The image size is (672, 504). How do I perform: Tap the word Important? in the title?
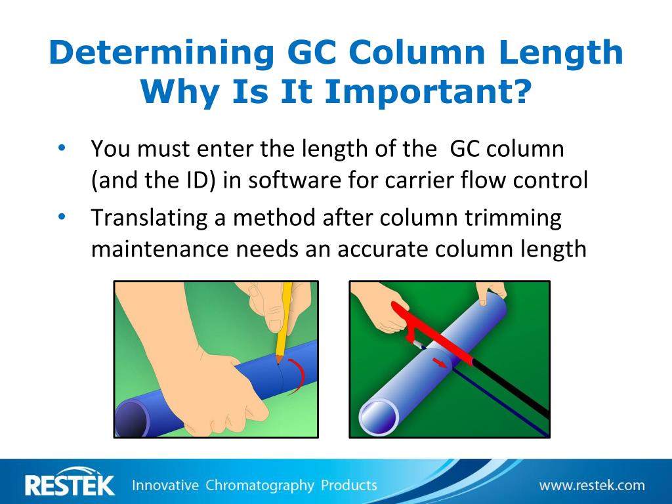(427, 92)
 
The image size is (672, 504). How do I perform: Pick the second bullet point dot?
(62, 217)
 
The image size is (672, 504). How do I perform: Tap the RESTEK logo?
(70, 485)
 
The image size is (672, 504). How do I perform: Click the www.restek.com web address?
(592, 486)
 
